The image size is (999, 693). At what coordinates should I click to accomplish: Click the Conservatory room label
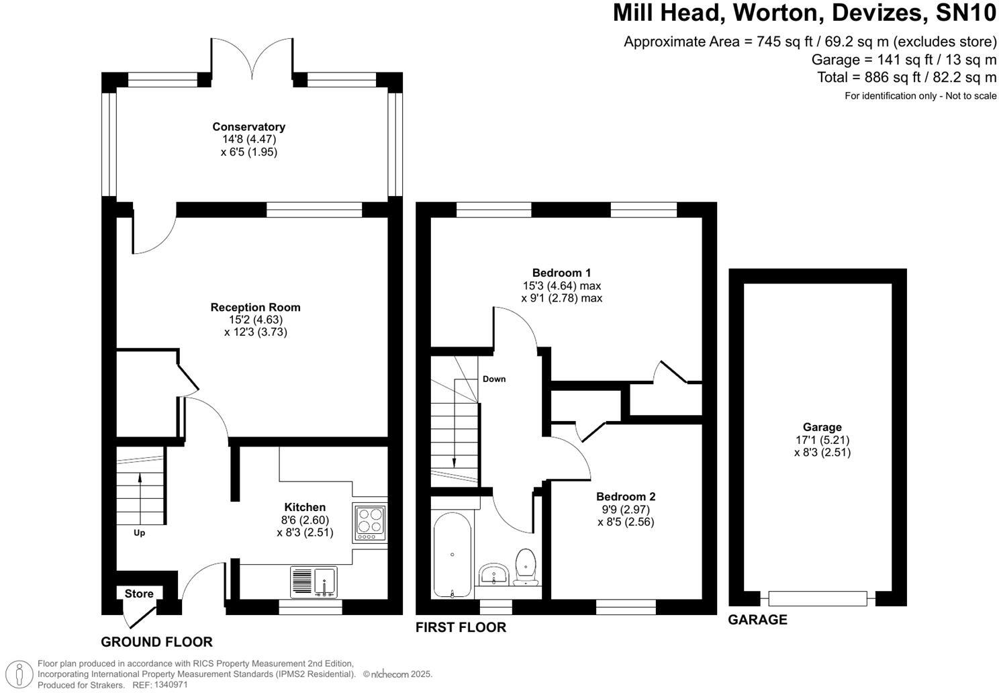(249, 127)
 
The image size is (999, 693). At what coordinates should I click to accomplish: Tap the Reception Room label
(256, 308)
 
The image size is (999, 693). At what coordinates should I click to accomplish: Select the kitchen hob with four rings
(370, 522)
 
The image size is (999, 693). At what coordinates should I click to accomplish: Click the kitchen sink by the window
(314, 582)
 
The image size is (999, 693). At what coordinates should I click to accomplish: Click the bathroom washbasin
(493, 574)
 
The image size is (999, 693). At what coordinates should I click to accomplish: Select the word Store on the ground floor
(139, 594)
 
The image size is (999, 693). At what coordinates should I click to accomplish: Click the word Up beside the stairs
(139, 533)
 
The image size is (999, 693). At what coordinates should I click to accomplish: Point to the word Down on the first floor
(494, 379)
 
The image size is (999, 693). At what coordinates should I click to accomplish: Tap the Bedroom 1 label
(561, 273)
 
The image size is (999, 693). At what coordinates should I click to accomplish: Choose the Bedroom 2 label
(626, 496)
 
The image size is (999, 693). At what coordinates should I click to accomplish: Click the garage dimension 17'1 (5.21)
(822, 440)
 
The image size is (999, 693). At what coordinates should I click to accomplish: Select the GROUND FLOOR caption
(156, 642)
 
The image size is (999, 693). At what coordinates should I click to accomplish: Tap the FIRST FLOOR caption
(461, 627)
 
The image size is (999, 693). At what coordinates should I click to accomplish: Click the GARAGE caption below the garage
(757, 619)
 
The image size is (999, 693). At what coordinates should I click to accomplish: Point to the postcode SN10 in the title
(965, 13)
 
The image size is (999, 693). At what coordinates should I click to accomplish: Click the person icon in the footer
(19, 674)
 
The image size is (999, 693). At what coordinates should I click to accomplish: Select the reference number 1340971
(171, 684)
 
